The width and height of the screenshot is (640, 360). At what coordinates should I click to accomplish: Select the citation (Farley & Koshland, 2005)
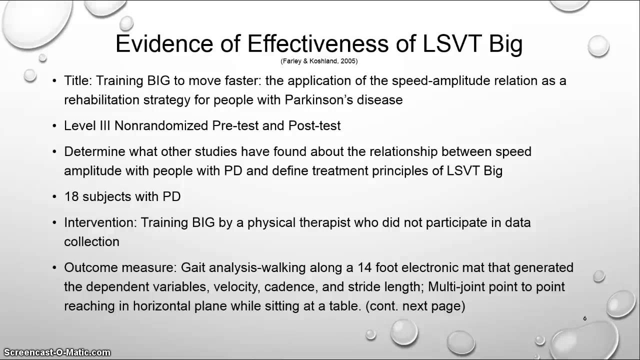(x=319, y=61)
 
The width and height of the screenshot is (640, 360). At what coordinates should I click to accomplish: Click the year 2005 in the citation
(x=347, y=61)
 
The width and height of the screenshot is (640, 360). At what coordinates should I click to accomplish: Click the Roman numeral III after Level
(x=105, y=125)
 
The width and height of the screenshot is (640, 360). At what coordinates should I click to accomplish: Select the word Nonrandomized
(x=161, y=125)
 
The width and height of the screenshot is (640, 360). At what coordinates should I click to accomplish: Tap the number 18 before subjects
(x=71, y=196)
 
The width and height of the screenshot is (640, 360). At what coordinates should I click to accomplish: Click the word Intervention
(x=100, y=222)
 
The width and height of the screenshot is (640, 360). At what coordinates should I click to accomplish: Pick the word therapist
(x=324, y=223)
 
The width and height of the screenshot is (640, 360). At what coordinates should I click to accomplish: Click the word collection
(x=91, y=241)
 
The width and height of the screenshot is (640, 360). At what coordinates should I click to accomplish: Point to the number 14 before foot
(x=364, y=267)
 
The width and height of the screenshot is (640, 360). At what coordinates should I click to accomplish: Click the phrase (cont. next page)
(x=415, y=306)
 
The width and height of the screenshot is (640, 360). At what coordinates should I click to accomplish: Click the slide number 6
(x=585, y=318)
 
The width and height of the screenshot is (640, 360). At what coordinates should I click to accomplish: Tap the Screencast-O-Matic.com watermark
(x=57, y=352)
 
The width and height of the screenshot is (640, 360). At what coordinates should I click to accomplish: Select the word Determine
(x=94, y=151)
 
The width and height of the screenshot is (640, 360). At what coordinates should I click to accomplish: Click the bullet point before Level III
(x=54, y=126)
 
